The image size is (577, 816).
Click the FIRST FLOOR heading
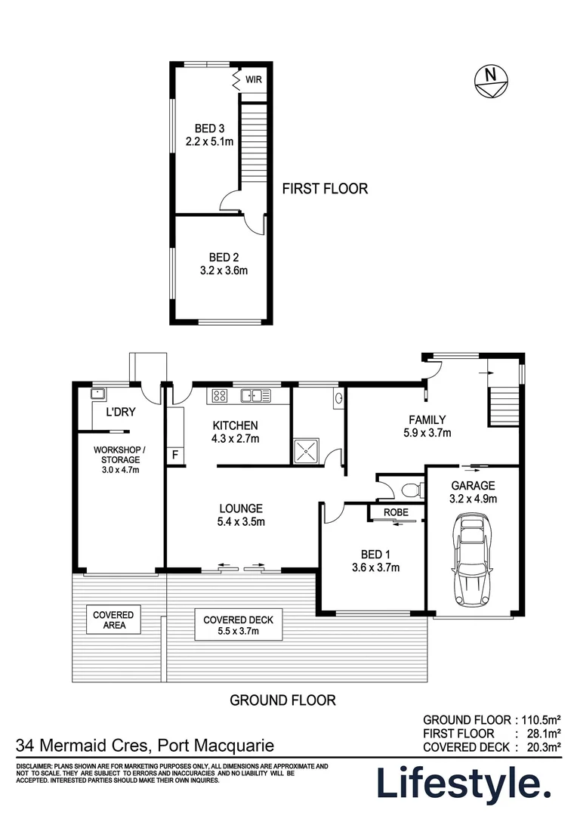pos(325,189)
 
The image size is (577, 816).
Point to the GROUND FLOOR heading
pos(282,700)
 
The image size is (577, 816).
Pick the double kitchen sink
pos(257,394)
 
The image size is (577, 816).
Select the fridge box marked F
pos(175,455)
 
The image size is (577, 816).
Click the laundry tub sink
pos(97,393)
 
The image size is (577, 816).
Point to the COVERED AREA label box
pos(113,620)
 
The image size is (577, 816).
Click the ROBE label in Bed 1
pos(396,512)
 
